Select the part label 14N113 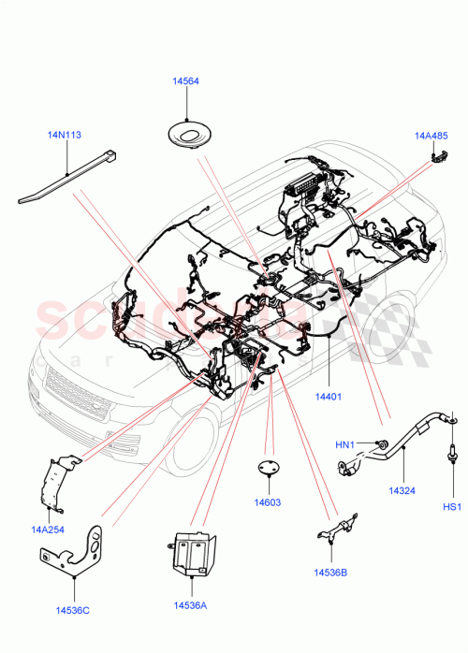65,135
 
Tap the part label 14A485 432,136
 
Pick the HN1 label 345,445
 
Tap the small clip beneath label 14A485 436,155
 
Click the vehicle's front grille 74,394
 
